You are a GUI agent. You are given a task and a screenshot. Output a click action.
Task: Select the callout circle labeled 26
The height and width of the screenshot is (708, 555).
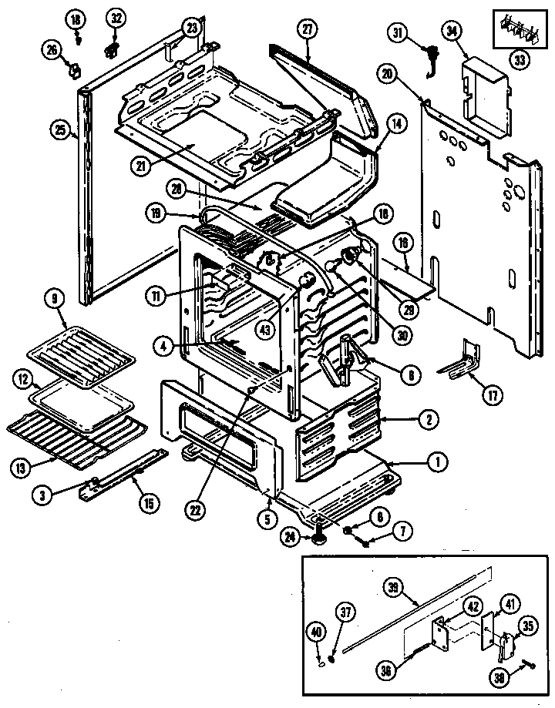(52, 51)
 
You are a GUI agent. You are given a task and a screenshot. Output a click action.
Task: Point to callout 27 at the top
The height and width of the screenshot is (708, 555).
(308, 31)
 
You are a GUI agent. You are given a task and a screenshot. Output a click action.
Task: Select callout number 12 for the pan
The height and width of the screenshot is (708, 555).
(24, 379)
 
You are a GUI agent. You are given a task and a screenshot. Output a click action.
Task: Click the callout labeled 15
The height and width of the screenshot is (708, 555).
(150, 504)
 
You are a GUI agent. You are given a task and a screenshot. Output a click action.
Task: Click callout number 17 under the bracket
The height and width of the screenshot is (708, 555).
(492, 396)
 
